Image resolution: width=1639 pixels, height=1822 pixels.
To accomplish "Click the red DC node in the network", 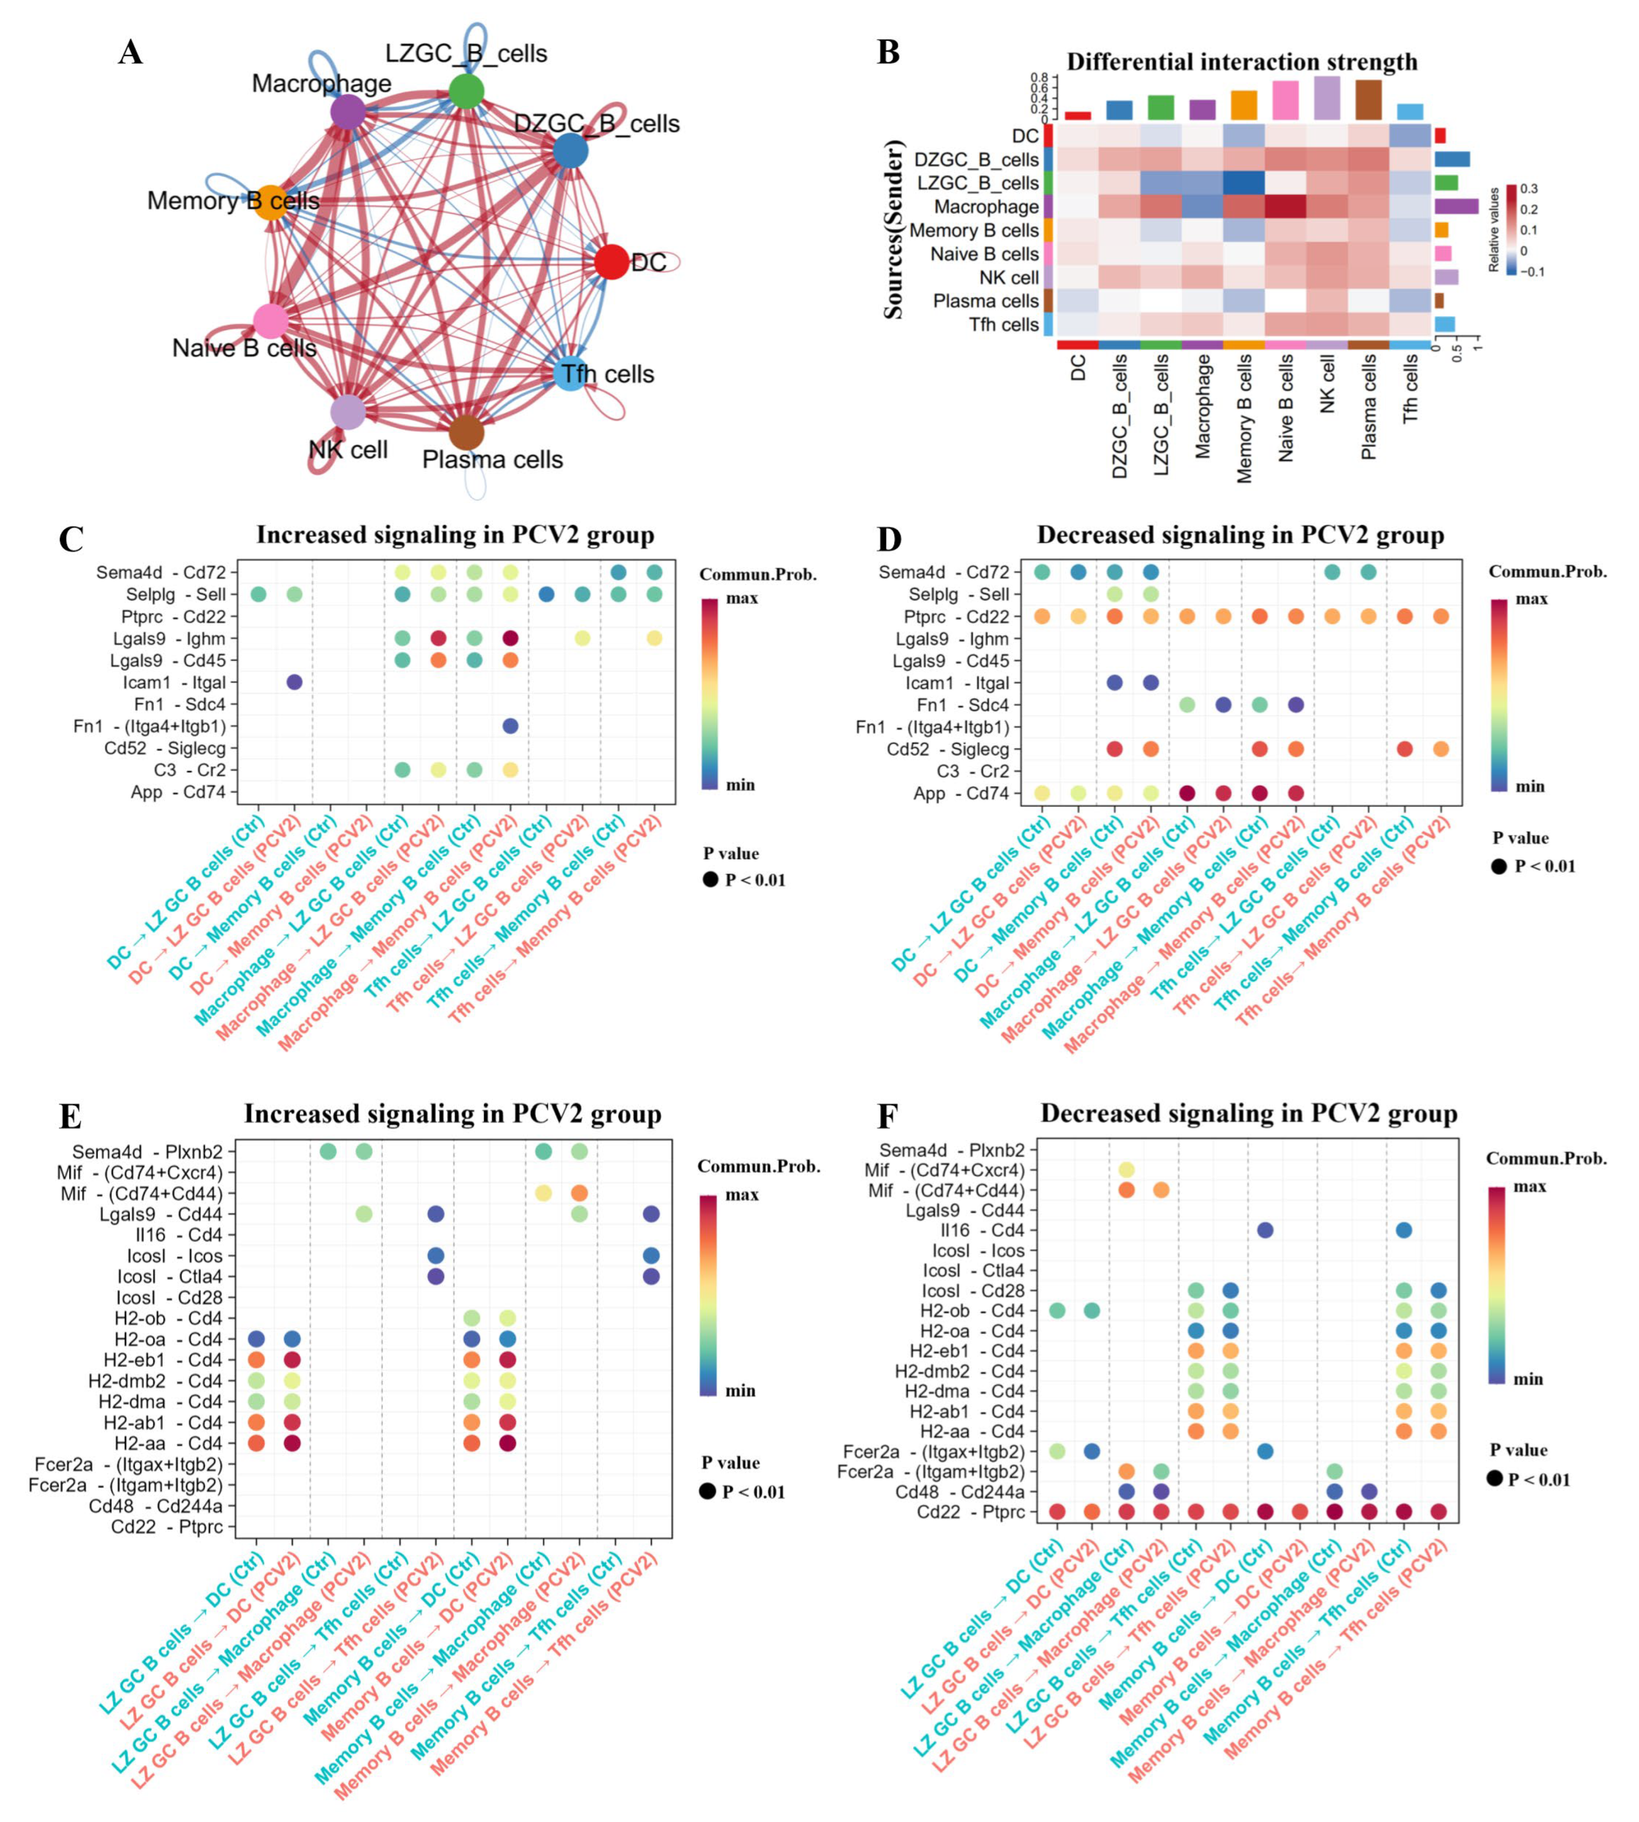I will click(x=612, y=262).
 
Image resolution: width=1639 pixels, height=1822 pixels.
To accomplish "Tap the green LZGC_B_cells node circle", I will click(x=466, y=91).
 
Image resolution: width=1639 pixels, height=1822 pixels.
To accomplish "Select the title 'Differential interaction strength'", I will click(x=1242, y=62).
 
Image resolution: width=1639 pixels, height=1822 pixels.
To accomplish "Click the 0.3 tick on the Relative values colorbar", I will click(x=1529, y=189).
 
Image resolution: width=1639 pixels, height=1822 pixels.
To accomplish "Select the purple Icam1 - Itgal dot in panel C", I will click(x=293, y=683).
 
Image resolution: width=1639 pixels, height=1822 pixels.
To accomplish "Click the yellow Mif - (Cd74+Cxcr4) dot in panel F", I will click(x=1126, y=1170).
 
